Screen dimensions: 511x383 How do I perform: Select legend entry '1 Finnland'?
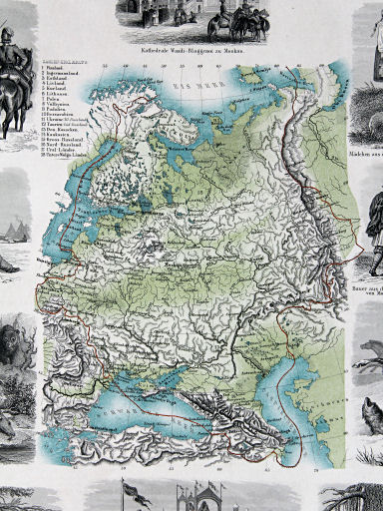[x=57, y=79]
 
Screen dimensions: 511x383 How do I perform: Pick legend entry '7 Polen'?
[x=56, y=114]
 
